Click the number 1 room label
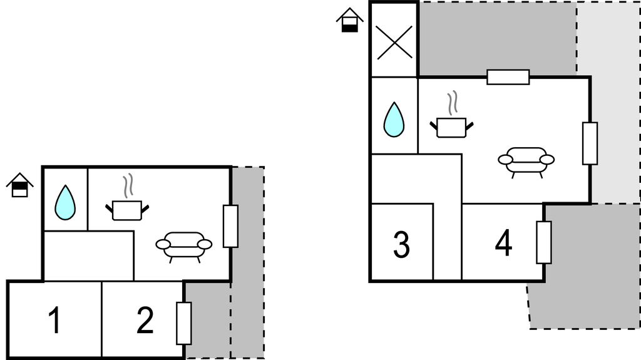[54, 320]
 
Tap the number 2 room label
[145, 320]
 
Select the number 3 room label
[401, 244]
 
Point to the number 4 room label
[503, 243]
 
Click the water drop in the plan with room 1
[65, 203]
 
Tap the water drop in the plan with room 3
[394, 120]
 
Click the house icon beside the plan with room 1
[19, 185]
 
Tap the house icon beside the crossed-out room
[349, 19]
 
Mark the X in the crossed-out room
[394, 43]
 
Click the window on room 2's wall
[183, 324]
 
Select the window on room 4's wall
[544, 242]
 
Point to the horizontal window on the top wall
[508, 77]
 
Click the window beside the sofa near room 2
[230, 226]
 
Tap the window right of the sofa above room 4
[590, 143]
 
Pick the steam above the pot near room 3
[452, 103]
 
